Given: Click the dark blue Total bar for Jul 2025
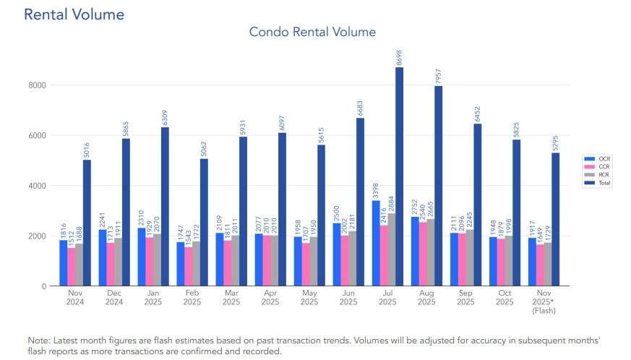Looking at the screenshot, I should tap(399, 177).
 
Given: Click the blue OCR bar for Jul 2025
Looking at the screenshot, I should tap(376, 243).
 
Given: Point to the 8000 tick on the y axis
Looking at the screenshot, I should tap(38, 85).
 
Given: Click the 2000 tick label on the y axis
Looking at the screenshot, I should tap(38, 236).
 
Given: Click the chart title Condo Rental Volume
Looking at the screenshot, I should tap(312, 33).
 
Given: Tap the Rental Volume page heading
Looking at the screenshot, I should tap(74, 14).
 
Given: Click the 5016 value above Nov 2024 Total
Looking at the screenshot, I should tap(87, 150).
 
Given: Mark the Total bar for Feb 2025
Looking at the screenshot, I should tap(204, 222).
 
